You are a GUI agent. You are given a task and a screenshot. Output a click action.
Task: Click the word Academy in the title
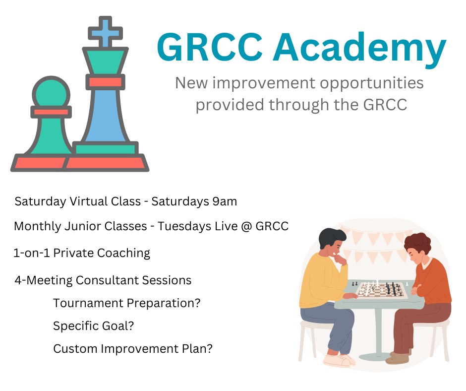359,49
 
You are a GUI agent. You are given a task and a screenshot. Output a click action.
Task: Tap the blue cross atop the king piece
105,32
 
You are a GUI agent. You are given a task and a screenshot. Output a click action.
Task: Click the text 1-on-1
32,253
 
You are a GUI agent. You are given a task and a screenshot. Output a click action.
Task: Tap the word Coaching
123,253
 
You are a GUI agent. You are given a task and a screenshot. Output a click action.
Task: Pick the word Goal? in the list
118,326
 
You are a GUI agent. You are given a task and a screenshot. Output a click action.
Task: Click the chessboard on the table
381,290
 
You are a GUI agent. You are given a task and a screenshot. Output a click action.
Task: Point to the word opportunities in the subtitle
371,83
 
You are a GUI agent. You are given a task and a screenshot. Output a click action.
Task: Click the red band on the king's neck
105,82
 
